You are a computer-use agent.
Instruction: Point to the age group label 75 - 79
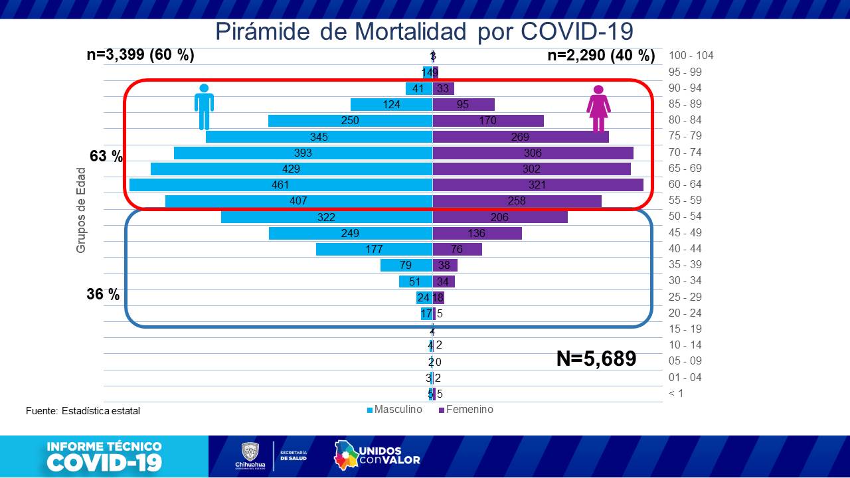685,136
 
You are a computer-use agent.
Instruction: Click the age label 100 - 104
691,56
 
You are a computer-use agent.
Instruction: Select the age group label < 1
676,393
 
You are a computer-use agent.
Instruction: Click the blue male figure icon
204,107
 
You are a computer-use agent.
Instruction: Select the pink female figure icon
598,110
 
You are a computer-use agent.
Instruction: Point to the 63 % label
106,157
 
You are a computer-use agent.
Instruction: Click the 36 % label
103,294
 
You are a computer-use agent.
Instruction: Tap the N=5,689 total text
596,359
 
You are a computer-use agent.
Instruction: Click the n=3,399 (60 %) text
140,56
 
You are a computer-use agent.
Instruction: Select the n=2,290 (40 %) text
601,56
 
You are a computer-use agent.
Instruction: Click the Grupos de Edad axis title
81,210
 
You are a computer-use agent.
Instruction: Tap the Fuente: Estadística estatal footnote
83,411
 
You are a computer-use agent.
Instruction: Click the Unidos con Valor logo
377,455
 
